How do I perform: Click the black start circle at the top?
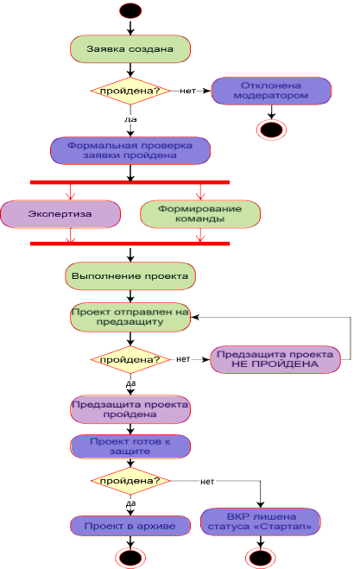(130, 11)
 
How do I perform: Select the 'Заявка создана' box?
(130, 49)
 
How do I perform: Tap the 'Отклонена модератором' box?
(271, 91)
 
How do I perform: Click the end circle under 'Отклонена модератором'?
(271, 130)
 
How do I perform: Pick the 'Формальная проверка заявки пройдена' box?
(130, 150)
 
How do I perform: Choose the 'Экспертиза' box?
(60, 214)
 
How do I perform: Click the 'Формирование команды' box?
(200, 214)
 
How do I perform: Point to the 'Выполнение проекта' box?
(130, 276)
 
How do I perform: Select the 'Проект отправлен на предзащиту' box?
(130, 317)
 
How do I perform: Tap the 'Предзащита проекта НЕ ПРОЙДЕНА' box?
(275, 359)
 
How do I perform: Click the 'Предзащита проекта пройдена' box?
(130, 409)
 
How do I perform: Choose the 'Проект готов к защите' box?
(130, 446)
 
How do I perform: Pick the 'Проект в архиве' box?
(130, 526)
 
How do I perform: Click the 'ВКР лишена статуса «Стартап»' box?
(260, 522)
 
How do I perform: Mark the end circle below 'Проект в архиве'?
(130, 558)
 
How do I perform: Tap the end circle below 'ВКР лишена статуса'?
(260, 558)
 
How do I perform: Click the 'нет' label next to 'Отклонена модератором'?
(187, 91)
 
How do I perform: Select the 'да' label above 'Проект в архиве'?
(130, 503)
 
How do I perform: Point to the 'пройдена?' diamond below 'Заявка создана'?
(130, 91)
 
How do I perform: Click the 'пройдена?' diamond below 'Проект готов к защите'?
(130, 481)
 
